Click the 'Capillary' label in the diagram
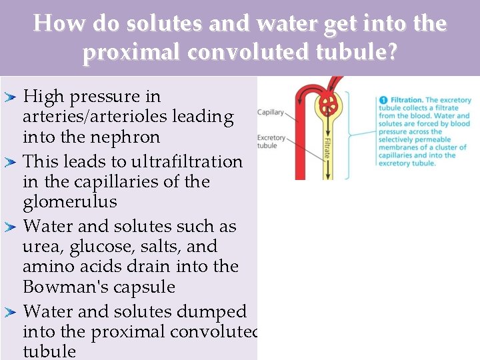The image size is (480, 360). click(271, 112)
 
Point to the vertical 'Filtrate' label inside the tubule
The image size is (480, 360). click(327, 147)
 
